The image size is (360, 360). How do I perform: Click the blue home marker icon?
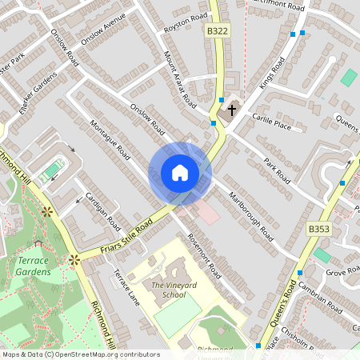pos(180,173)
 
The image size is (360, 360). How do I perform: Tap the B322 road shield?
pos(217,30)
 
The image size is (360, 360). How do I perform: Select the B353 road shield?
pos(318,229)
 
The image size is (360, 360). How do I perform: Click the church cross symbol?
pos(233,109)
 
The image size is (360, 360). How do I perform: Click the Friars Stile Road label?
pos(126,238)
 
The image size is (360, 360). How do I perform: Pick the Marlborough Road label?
pos(251,216)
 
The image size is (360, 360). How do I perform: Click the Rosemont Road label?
pos(202,255)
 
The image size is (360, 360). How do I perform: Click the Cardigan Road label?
pos(102,211)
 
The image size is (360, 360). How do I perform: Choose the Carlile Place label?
pos(272,121)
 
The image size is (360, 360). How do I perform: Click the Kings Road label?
pos(272,74)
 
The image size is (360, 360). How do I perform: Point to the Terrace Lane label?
pos(126,286)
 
